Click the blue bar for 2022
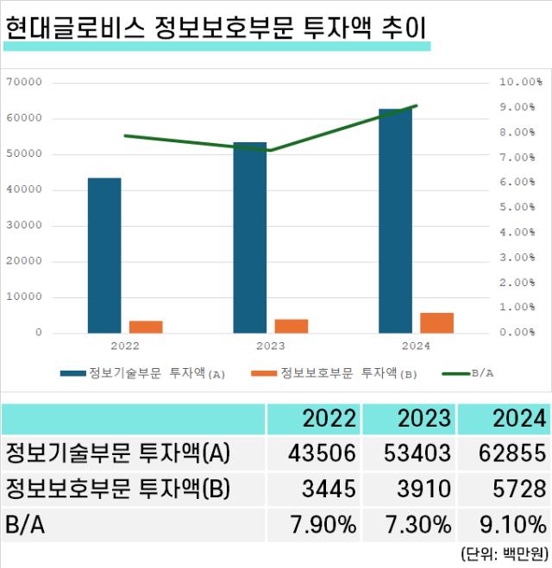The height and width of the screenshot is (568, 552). [104, 255]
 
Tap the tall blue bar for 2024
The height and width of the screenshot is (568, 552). [395, 221]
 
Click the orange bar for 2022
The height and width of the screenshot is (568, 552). [146, 327]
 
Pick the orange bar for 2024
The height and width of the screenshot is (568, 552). [436, 322]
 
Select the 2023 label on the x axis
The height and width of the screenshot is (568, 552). [270, 346]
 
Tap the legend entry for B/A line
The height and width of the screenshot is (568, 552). [473, 373]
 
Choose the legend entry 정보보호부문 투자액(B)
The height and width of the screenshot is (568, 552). [335, 373]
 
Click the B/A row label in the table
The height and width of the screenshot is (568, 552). [26, 525]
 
